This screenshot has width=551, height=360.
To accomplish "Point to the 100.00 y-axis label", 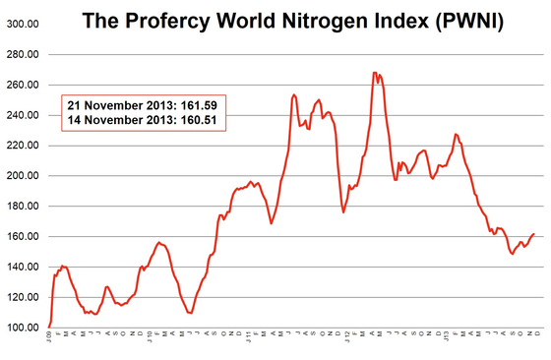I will tap(22, 328).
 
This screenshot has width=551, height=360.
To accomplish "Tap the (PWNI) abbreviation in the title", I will tap(462, 21).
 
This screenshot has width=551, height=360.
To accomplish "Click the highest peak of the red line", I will tap(375, 72).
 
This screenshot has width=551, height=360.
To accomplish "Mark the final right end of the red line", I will tap(534, 233).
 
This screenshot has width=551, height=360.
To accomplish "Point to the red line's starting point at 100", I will tap(49, 326).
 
